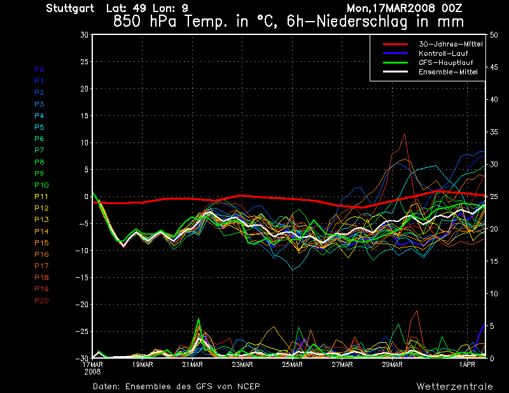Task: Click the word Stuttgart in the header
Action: [70, 8]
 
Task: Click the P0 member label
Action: [39, 69]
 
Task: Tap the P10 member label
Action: [41, 185]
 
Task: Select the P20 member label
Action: [41, 300]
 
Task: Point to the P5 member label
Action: [39, 127]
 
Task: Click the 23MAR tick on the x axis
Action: [242, 364]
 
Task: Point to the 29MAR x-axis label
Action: [393, 364]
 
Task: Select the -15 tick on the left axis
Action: [83, 278]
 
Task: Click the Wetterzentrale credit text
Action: [454, 386]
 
